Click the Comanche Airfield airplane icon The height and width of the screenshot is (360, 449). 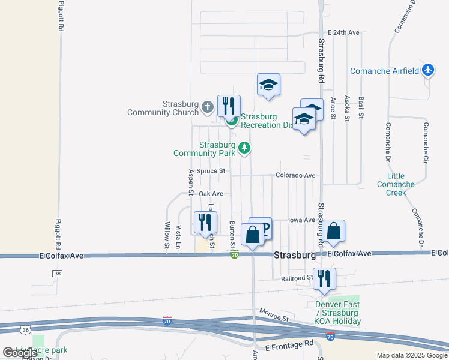click(x=427, y=71)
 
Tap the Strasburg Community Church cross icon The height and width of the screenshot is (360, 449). click(x=207, y=107)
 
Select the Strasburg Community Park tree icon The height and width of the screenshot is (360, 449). click(x=244, y=147)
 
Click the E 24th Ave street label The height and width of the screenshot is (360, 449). click(x=343, y=32)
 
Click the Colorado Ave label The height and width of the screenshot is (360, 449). click(x=295, y=175)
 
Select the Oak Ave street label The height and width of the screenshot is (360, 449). click(x=211, y=194)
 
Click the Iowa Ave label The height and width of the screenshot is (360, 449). click(x=301, y=220)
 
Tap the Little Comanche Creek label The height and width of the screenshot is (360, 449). click(x=396, y=184)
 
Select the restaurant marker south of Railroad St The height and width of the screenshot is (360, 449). click(x=324, y=279)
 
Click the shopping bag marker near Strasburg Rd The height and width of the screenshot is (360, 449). click(x=334, y=231)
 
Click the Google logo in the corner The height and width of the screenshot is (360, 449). click(x=20, y=353)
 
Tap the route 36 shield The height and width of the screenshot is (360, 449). click(x=25, y=329)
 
